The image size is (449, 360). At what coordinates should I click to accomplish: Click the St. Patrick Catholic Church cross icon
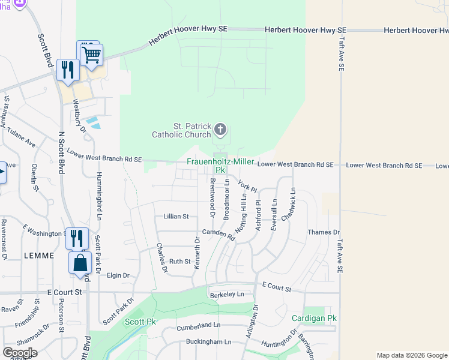pyautogui.click(x=220, y=129)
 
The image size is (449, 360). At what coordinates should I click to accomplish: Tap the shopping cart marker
pyautogui.click(x=92, y=55)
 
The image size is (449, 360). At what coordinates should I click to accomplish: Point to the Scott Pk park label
pyautogui.click(x=136, y=322)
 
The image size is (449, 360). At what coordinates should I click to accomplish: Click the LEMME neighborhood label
pyautogui.click(x=40, y=255)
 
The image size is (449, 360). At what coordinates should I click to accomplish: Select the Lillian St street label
pyautogui.click(x=176, y=216)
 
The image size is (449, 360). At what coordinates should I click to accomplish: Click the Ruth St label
pyautogui.click(x=179, y=262)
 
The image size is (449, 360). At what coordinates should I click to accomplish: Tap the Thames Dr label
pyautogui.click(x=323, y=232)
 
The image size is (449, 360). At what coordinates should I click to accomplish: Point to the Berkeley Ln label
pyautogui.click(x=227, y=295)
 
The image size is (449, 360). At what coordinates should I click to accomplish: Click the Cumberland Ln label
pyautogui.click(x=199, y=325)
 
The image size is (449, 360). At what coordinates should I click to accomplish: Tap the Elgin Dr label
pyautogui.click(x=118, y=275)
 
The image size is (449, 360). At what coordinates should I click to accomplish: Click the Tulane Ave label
pyautogui.click(x=22, y=141)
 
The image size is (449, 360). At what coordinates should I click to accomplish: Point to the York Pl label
pyautogui.click(x=247, y=186)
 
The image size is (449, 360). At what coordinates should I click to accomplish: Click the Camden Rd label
pyautogui.click(x=218, y=234)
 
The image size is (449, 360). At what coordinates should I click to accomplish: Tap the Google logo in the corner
pyautogui.click(x=20, y=353)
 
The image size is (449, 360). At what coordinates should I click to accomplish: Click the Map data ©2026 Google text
pyautogui.click(x=411, y=355)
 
